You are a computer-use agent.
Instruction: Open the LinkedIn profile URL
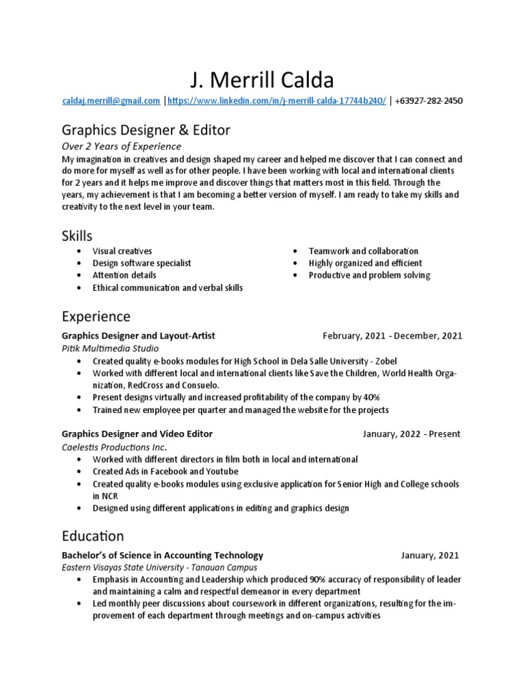coord(277,101)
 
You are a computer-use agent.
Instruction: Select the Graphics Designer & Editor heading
coord(146,130)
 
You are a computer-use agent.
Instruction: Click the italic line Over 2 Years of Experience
coord(121,146)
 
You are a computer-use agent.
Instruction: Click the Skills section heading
coord(77,236)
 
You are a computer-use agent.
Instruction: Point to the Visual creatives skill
coord(122,251)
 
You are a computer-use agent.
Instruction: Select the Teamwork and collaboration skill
coord(363,251)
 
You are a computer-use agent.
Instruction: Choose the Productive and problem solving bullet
coord(369,275)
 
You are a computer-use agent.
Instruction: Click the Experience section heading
coord(96,317)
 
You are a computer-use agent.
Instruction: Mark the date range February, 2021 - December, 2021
coord(392,336)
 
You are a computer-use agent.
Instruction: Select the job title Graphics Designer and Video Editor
coord(137,434)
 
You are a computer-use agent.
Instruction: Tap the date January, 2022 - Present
coord(411,434)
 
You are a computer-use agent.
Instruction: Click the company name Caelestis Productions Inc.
coord(114,447)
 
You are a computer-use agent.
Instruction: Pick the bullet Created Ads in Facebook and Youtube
coord(165,472)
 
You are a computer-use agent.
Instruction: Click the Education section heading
coord(93,536)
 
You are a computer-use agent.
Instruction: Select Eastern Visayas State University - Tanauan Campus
coord(159,567)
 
